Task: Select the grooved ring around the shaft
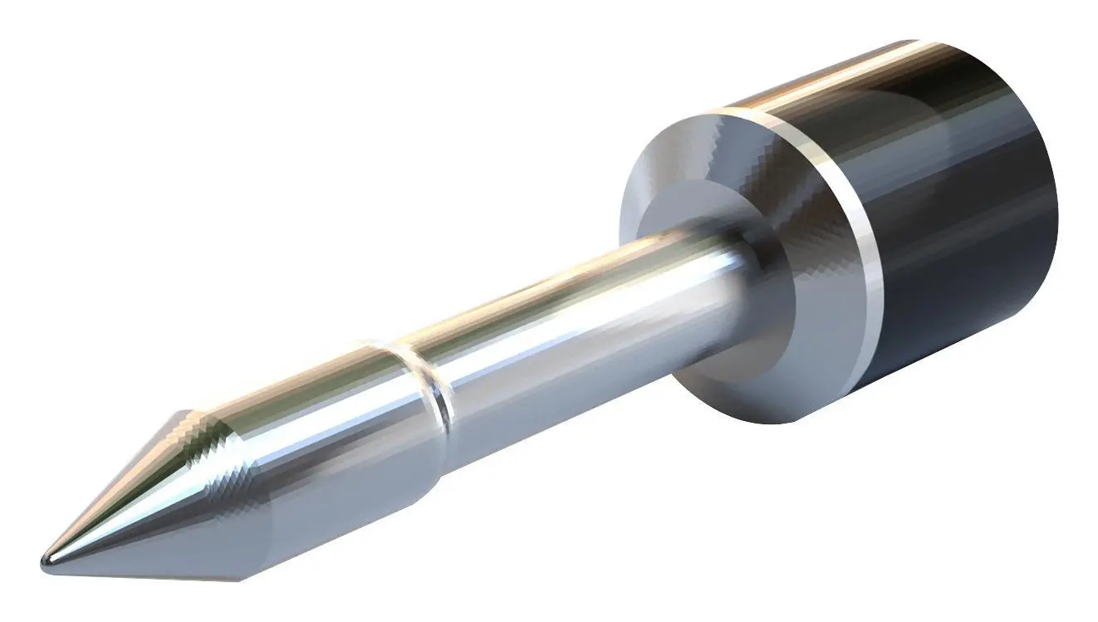pyautogui.click(x=430, y=389)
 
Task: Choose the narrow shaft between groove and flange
pyautogui.click(x=581, y=307)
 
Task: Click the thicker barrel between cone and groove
pyautogui.click(x=332, y=432)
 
